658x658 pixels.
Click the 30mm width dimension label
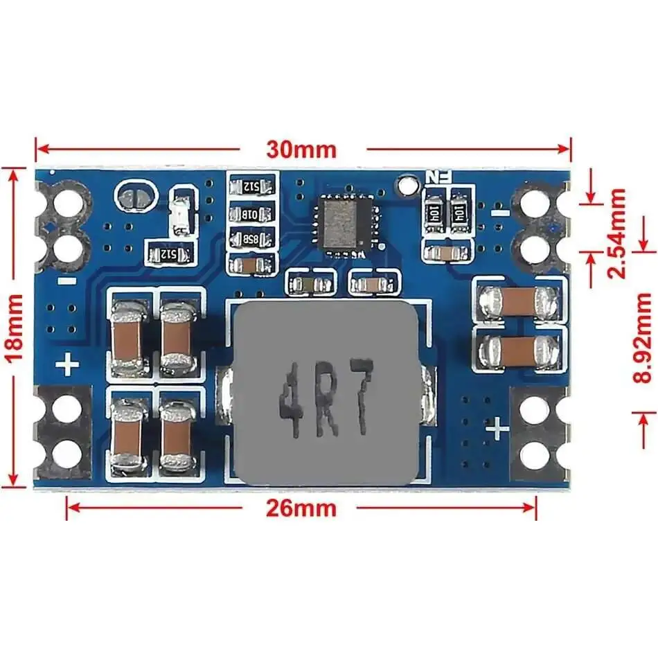pos(302,149)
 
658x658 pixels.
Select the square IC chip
pos(344,221)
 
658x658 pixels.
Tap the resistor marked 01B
pos(252,213)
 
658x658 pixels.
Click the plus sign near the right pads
pos(498,429)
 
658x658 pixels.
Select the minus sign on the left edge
pos(66,281)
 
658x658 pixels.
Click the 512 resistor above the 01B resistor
pos(252,186)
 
